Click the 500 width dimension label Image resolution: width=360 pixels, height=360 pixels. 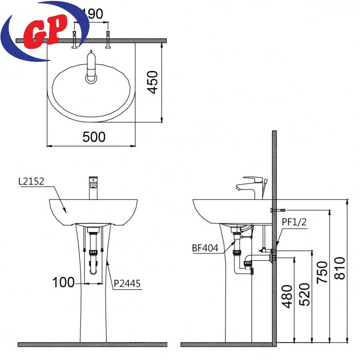[x=94, y=137]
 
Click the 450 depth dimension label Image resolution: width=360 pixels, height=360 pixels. [x=153, y=82]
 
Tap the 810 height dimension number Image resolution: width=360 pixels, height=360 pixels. [x=340, y=268]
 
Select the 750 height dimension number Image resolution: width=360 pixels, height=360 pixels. [x=322, y=272]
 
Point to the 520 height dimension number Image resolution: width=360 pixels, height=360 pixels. [x=305, y=294]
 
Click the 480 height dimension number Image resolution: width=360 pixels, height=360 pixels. [x=287, y=296]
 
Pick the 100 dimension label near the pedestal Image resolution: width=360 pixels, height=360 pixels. [x=63, y=282]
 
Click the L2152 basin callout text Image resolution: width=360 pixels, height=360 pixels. [x=31, y=181]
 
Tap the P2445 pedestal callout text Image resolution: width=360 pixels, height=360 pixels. [x=127, y=284]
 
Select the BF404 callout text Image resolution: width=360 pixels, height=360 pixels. [x=205, y=248]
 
